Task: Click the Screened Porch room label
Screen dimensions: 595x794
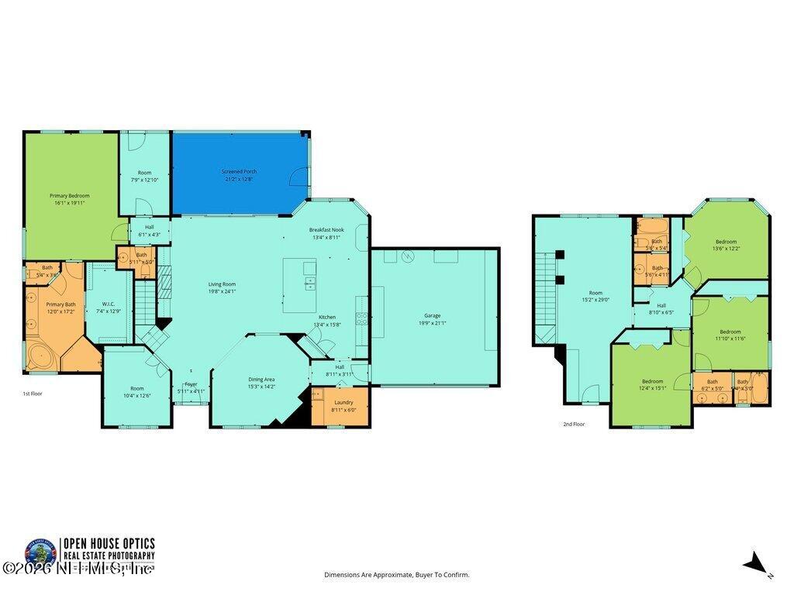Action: coord(240,172)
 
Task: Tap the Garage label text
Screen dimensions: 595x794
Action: coord(432,316)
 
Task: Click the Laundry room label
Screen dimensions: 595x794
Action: coord(343,402)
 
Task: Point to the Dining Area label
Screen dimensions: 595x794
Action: coord(261,379)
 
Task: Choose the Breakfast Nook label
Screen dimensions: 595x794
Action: coord(326,229)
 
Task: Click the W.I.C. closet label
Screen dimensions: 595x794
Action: coord(109,304)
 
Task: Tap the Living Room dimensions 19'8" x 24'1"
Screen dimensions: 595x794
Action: coord(222,291)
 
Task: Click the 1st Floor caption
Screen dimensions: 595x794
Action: coord(33,394)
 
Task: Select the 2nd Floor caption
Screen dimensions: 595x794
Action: coord(574,424)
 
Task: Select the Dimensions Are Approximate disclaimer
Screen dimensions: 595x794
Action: coord(396,575)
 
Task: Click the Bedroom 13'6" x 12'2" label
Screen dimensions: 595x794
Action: coord(727,242)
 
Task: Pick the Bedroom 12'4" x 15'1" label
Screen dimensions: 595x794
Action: coord(652,381)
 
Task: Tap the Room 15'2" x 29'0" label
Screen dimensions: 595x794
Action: coord(595,293)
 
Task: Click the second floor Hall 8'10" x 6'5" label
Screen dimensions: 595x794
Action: coord(661,305)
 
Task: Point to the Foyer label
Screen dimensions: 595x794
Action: coord(191,384)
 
